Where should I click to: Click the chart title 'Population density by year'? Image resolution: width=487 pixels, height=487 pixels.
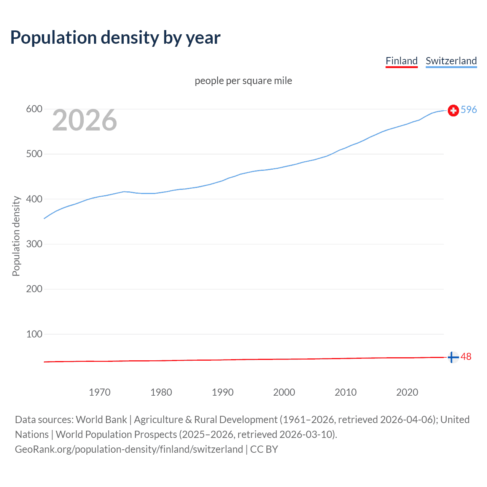click(115, 38)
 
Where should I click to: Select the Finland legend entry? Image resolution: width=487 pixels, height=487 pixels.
click(401, 61)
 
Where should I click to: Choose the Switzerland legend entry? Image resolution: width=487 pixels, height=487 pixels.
click(451, 61)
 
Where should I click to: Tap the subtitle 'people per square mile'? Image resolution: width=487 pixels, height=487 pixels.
click(243, 81)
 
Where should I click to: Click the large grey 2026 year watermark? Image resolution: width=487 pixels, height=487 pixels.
click(84, 120)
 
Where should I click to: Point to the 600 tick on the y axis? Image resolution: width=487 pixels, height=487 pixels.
click(34, 109)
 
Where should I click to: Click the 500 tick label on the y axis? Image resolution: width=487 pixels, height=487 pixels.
click(34, 154)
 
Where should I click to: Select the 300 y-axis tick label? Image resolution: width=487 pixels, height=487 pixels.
click(34, 244)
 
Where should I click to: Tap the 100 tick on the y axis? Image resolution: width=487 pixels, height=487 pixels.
click(34, 334)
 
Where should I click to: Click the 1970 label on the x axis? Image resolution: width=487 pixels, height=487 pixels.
click(99, 392)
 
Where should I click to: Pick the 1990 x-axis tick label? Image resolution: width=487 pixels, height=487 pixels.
click(223, 392)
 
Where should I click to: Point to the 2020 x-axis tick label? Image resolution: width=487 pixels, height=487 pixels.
click(407, 392)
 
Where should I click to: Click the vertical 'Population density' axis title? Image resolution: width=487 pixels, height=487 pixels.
click(16, 236)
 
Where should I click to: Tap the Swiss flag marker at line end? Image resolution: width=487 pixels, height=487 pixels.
click(453, 110)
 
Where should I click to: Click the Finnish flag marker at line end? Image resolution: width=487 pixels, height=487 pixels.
click(453, 357)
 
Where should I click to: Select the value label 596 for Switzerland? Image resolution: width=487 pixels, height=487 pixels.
click(469, 110)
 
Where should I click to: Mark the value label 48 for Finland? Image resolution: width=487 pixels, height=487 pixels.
click(466, 357)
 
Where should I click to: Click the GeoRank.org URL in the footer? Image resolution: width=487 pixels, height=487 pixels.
click(129, 449)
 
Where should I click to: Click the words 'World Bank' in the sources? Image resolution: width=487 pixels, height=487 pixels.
click(101, 420)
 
